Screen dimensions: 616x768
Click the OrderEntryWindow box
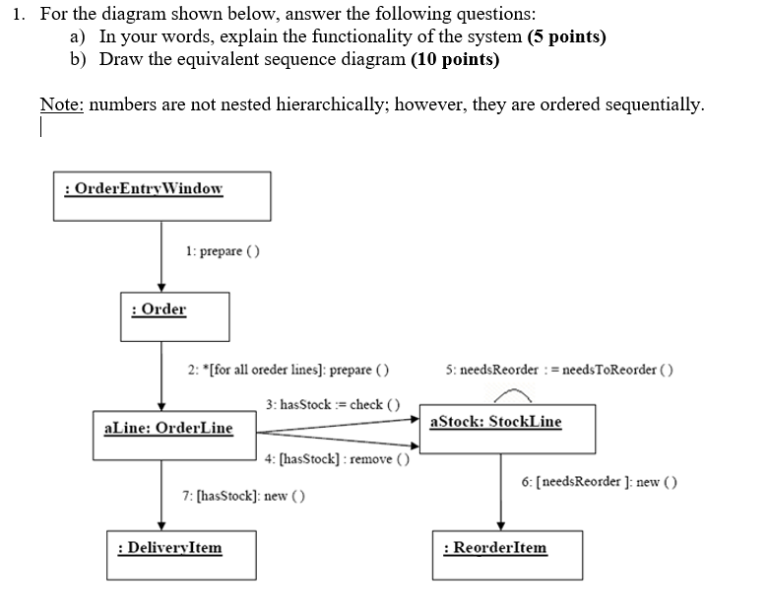pyautogui.click(x=161, y=194)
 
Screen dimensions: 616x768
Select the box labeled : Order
pyautogui.click(x=174, y=315)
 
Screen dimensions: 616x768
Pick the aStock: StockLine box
pyautogui.click(x=498, y=428)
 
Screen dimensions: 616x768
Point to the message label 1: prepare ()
pyautogui.click(x=223, y=251)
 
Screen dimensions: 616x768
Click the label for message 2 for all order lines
pyautogui.click(x=288, y=371)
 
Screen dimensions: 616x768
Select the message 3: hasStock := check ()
pyautogui.click(x=333, y=404)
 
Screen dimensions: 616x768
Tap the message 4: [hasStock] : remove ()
pyautogui.click(x=330, y=459)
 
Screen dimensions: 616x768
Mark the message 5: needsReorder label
pyautogui.click(x=558, y=371)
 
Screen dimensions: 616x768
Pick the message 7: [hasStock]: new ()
pyautogui.click(x=243, y=496)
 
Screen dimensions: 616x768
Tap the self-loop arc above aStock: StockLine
pyautogui.click(x=512, y=396)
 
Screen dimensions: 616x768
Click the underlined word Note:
pyautogui.click(x=60, y=104)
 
